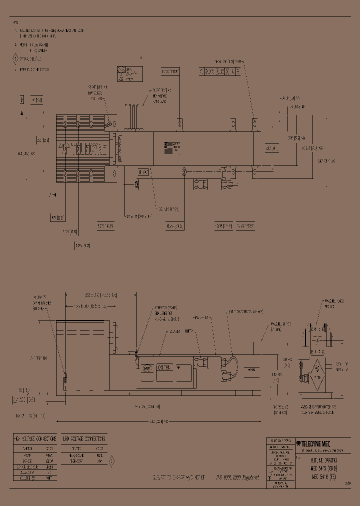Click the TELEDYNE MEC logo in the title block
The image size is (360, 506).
[313, 443]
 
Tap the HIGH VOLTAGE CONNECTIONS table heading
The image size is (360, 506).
[34, 438]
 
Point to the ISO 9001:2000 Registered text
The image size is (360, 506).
[238, 478]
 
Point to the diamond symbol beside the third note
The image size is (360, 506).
[15, 59]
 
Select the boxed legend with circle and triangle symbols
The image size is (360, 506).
[129, 73]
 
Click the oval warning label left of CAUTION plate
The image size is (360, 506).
[147, 368]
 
